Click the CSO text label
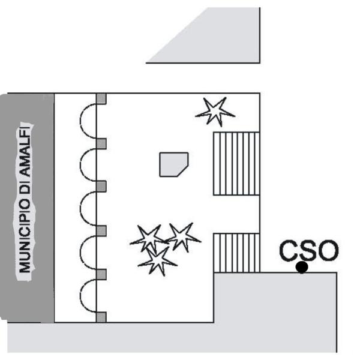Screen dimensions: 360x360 tap(309, 250)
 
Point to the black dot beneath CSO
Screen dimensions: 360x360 tap(302, 267)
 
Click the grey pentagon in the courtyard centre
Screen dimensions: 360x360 tap(174, 164)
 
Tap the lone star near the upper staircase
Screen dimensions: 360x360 tap(215, 112)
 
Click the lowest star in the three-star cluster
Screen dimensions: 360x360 tap(157, 261)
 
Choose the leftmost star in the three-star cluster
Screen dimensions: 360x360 tap(149, 239)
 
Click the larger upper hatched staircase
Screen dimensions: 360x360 tap(236, 163)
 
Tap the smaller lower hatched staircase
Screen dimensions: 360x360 tap(236, 253)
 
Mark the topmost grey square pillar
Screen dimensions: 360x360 tap(101, 98)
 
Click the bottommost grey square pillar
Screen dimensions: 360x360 tap(101, 317)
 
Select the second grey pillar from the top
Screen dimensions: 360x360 tap(101, 143)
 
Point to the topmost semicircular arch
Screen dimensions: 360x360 tap(80, 121)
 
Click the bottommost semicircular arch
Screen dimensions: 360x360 tap(80, 296)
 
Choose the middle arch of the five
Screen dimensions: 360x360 tap(80, 208)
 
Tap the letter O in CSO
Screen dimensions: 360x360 tap(328, 250)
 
